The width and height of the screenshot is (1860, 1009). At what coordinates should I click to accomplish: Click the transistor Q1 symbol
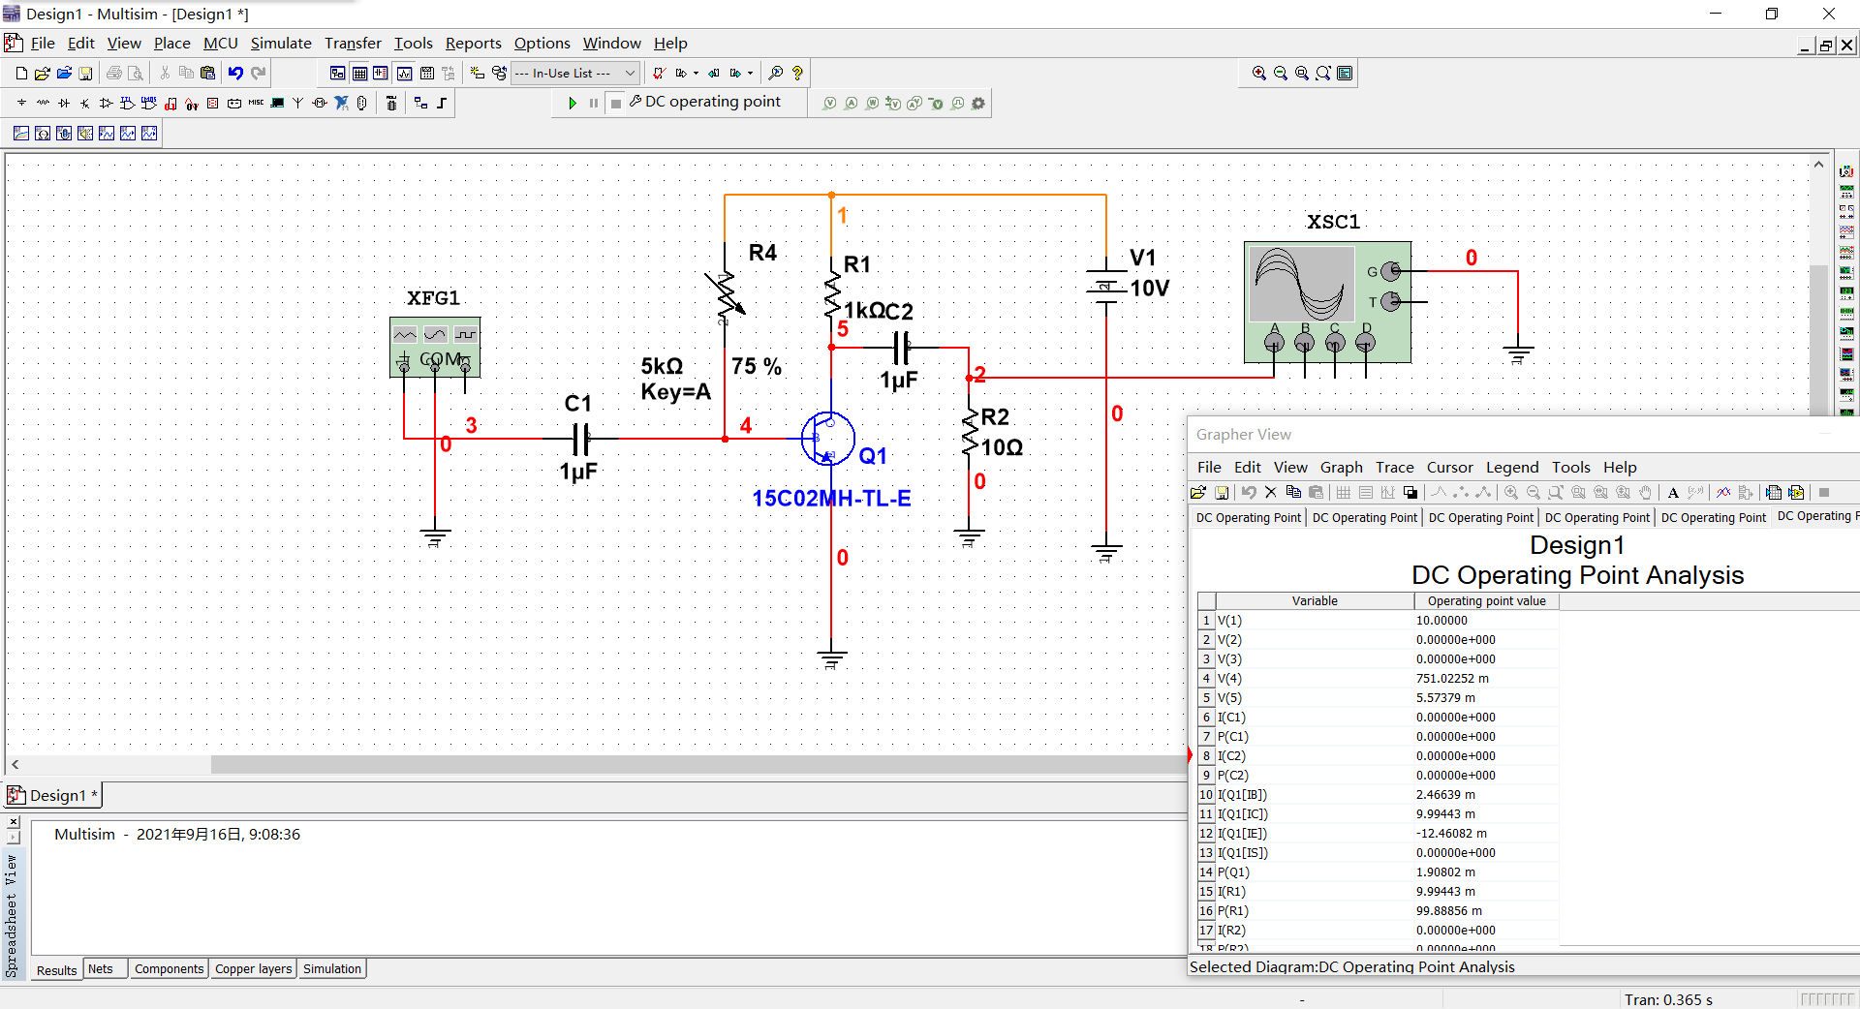tap(828, 439)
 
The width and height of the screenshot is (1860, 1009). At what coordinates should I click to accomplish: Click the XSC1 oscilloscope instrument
tap(1326, 301)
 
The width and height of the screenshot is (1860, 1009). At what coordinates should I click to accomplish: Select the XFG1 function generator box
tap(435, 347)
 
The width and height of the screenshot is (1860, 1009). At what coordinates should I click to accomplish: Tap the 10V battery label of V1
tap(1149, 289)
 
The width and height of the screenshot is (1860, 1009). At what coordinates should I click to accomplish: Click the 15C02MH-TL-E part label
tap(831, 499)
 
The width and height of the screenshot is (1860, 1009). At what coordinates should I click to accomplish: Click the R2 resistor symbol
tap(969, 433)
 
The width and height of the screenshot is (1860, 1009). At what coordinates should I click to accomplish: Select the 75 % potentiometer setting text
tap(756, 367)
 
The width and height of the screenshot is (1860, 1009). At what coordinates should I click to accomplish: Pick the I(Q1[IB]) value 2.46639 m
tap(1445, 795)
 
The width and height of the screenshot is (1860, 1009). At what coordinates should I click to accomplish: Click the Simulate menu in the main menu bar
tap(281, 44)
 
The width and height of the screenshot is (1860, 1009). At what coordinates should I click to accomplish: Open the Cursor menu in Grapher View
tap(1449, 468)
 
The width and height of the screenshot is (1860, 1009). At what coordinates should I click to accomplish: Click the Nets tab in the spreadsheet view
tap(101, 969)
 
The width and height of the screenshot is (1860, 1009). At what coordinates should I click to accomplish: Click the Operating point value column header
tap(1486, 601)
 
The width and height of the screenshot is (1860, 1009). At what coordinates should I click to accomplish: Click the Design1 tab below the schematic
tap(56, 796)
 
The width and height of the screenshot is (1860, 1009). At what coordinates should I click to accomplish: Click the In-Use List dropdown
tap(575, 74)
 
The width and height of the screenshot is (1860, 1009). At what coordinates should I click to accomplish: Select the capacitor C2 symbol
tap(901, 347)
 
